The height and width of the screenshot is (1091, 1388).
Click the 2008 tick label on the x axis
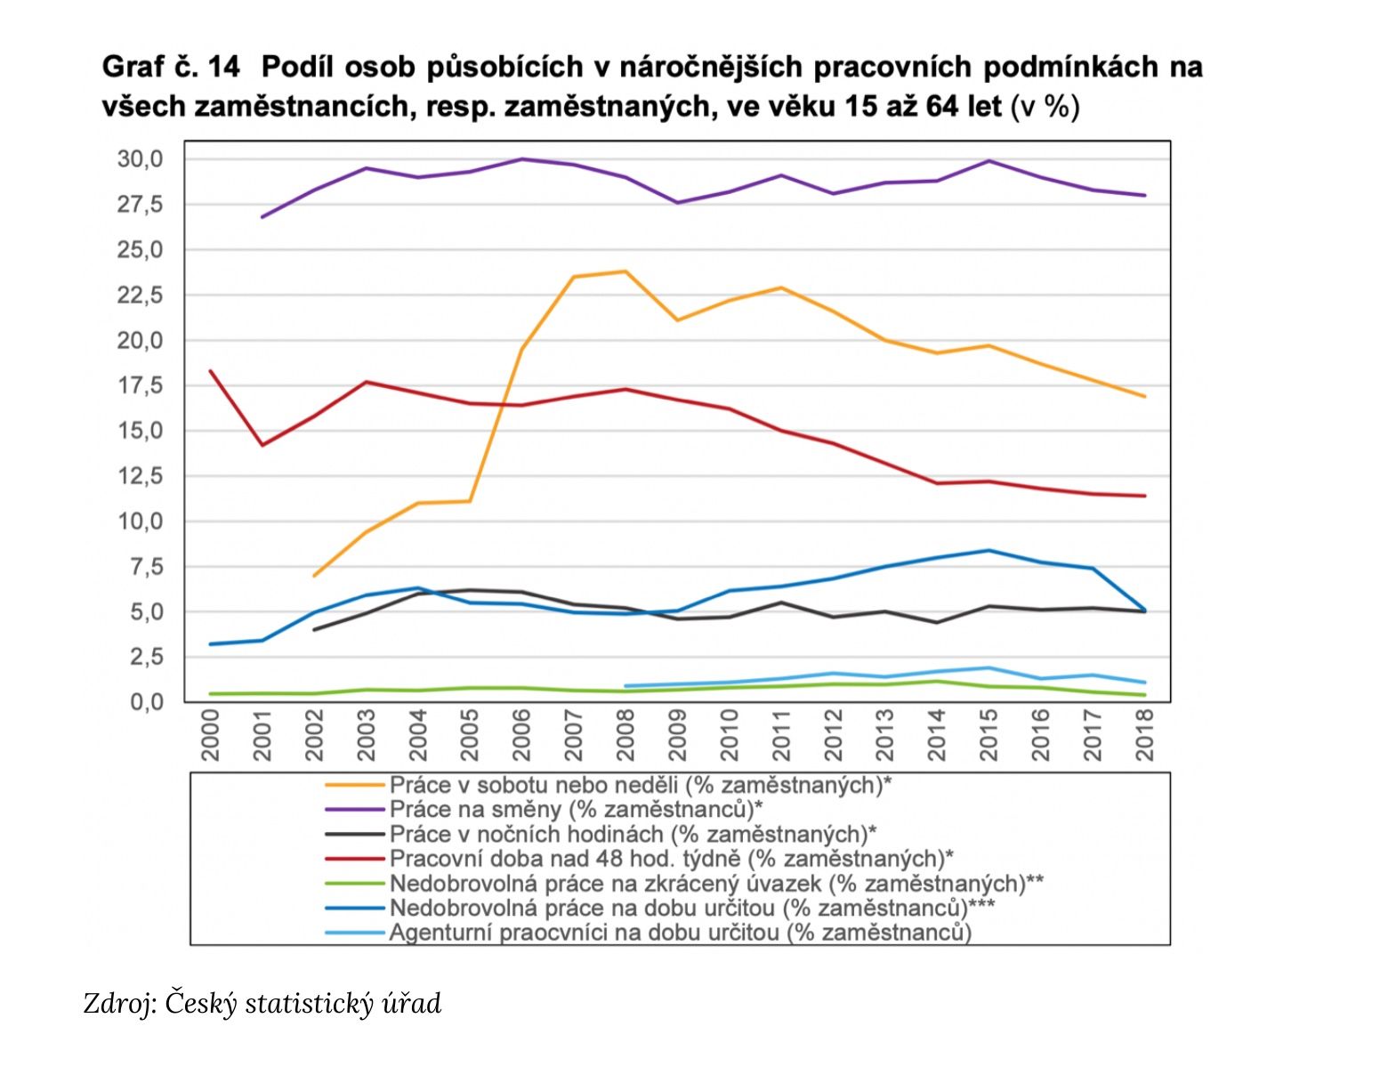[625, 735]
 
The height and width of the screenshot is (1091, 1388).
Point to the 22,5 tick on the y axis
[141, 295]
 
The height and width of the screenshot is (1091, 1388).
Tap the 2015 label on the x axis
[989, 735]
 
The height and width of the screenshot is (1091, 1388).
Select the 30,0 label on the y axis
[141, 160]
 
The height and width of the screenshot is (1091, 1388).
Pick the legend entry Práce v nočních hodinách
[633, 834]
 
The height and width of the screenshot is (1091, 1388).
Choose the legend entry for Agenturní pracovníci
[680, 933]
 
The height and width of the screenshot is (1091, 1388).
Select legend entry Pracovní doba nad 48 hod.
[671, 859]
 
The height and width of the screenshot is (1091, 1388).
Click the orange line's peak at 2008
[625, 271]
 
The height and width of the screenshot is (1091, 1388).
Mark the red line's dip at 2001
[262, 445]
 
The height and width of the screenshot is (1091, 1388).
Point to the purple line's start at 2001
[262, 217]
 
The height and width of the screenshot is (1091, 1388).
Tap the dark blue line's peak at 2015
[989, 551]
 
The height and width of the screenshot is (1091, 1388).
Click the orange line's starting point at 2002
[314, 576]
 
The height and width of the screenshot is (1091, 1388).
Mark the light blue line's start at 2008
[625, 686]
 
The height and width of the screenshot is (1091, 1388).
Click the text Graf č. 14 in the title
[172, 68]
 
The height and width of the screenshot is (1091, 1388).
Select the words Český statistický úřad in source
[303, 1004]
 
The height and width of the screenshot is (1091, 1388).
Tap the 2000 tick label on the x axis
[210, 735]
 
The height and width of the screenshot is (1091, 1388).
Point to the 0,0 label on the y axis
[141, 703]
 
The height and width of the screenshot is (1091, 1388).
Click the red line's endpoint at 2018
[1144, 496]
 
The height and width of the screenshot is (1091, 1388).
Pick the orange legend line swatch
[356, 785]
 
